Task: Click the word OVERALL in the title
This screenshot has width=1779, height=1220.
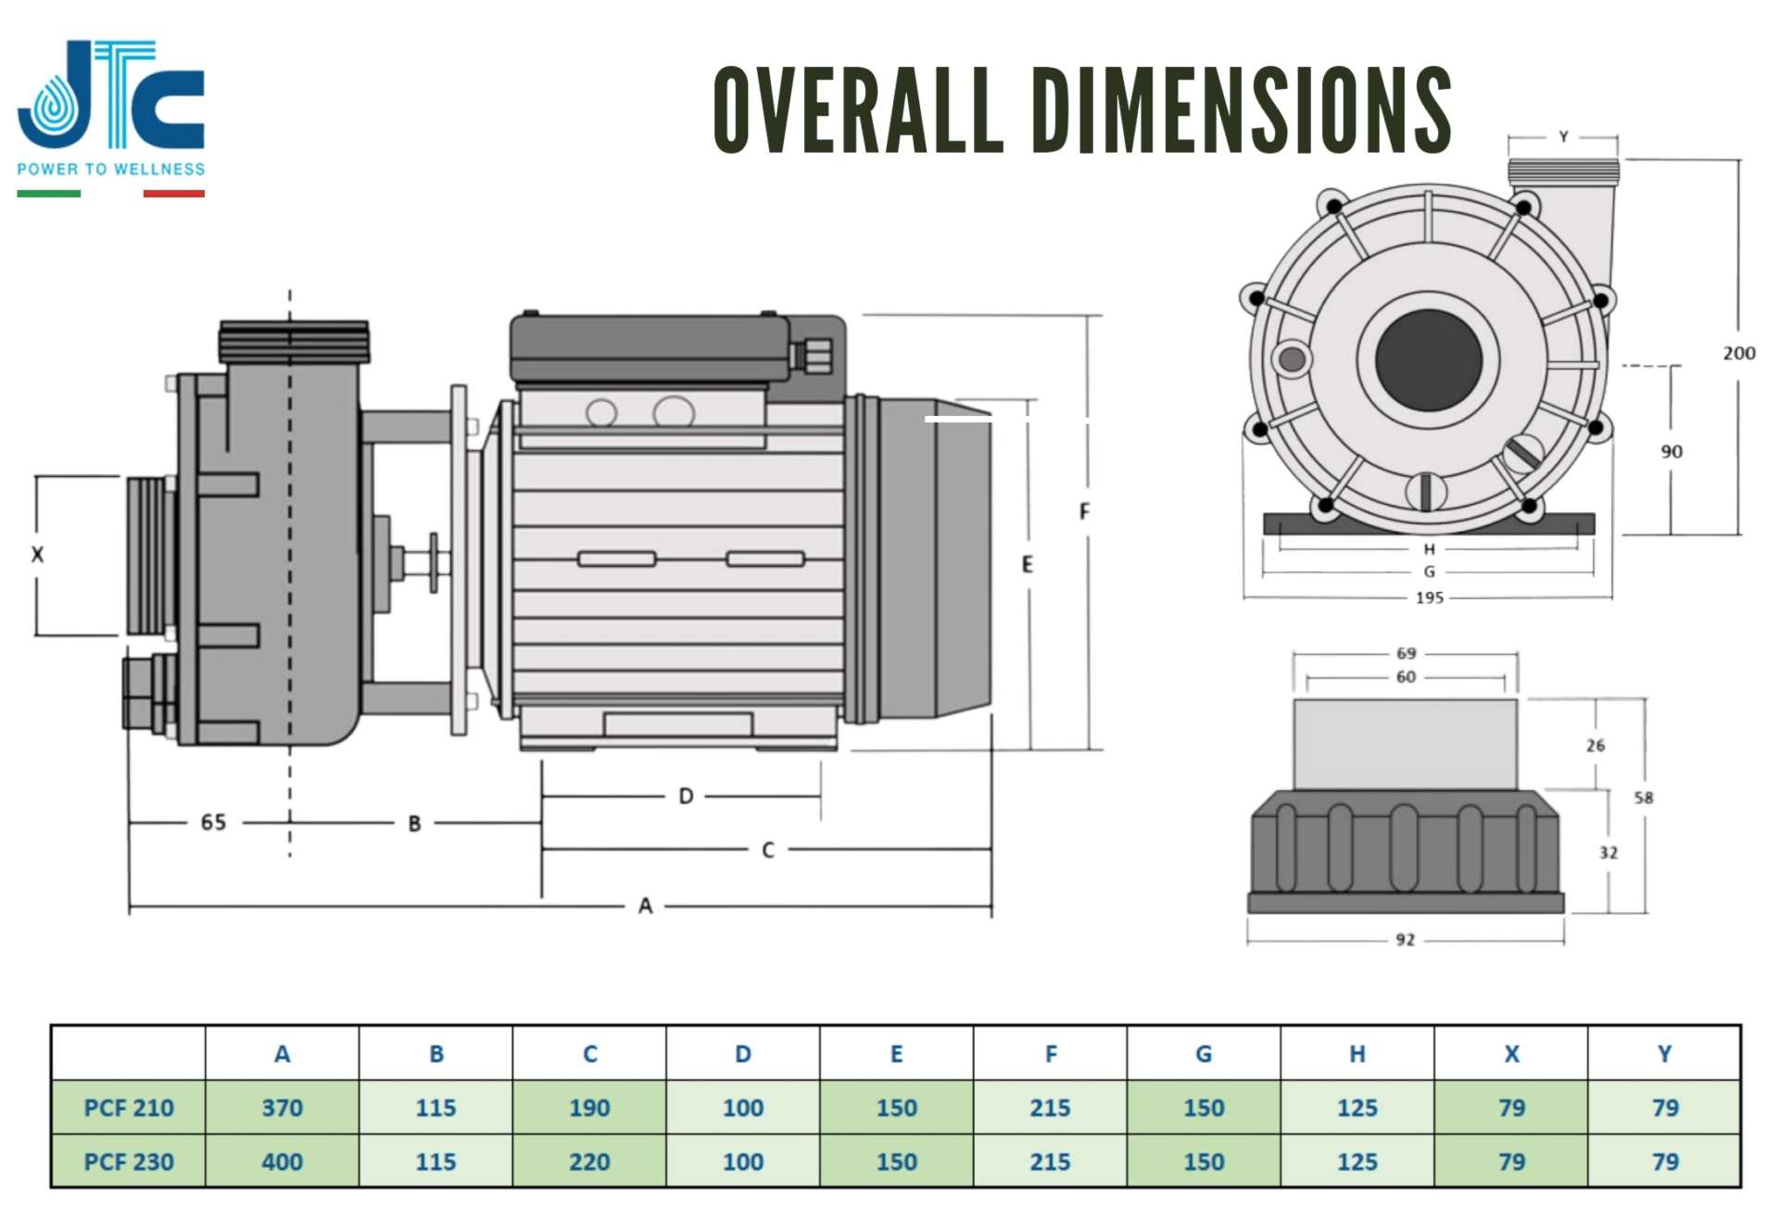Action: [858, 110]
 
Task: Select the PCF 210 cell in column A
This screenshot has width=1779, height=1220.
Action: [282, 1108]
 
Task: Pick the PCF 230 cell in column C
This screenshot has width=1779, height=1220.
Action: [589, 1162]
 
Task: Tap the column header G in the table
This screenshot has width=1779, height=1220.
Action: [1204, 1054]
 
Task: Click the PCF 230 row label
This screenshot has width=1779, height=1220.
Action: [129, 1162]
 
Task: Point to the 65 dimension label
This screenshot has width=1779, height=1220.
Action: [213, 823]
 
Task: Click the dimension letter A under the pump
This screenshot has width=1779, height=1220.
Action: [646, 906]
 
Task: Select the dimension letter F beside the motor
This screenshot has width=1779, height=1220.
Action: [1084, 511]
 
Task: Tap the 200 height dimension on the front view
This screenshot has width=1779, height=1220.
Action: [1738, 353]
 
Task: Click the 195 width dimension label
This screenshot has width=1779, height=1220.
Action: [1429, 597]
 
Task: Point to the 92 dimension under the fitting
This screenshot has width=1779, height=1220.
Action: [1405, 940]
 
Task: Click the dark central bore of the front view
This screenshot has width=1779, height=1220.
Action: [1428, 358]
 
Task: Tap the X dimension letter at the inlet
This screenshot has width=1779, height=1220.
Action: [37, 555]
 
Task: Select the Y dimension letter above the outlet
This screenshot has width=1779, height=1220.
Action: [1563, 137]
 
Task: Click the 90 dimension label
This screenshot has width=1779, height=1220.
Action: [1671, 452]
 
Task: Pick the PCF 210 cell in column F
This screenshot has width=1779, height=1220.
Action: [1050, 1108]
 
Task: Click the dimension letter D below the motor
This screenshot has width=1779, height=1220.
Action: [686, 797]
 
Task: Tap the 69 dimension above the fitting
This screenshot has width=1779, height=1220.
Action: [1406, 654]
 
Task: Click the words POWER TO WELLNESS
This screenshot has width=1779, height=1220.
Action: [111, 170]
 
